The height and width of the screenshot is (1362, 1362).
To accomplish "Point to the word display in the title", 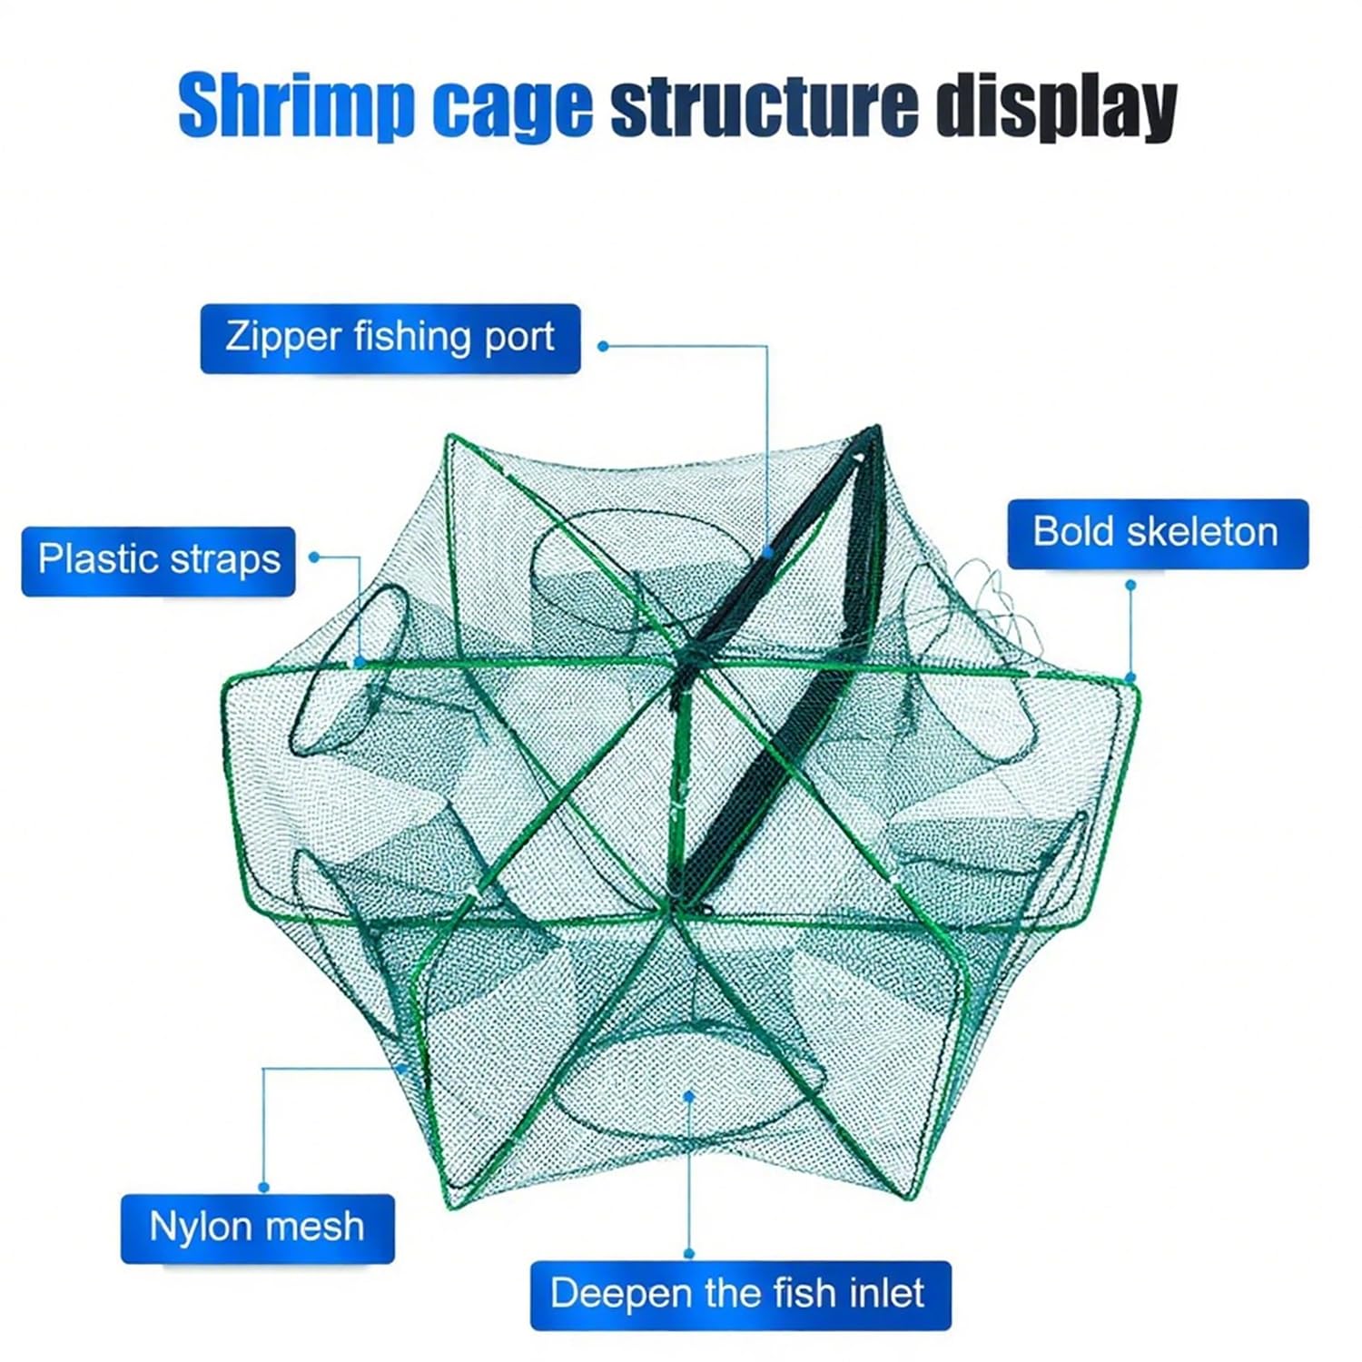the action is tap(1057, 107).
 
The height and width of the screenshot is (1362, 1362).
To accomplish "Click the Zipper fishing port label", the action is tap(390, 338).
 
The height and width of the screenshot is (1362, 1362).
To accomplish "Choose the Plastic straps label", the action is tap(159, 560).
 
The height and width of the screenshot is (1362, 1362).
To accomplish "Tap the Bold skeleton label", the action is tap(1158, 533).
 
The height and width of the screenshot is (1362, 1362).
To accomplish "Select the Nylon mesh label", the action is tap(258, 1228).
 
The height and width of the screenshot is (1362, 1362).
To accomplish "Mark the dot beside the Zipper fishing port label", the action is tap(603, 346).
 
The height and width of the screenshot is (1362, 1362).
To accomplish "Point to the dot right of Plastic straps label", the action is tap(314, 557).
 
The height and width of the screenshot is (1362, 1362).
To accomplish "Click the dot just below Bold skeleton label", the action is tap(1131, 586).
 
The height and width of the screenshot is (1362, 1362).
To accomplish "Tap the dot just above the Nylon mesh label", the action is tap(264, 1187).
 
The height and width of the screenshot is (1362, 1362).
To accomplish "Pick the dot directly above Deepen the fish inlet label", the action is tap(689, 1253).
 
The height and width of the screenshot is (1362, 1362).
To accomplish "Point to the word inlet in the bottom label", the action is tap(887, 1293).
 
